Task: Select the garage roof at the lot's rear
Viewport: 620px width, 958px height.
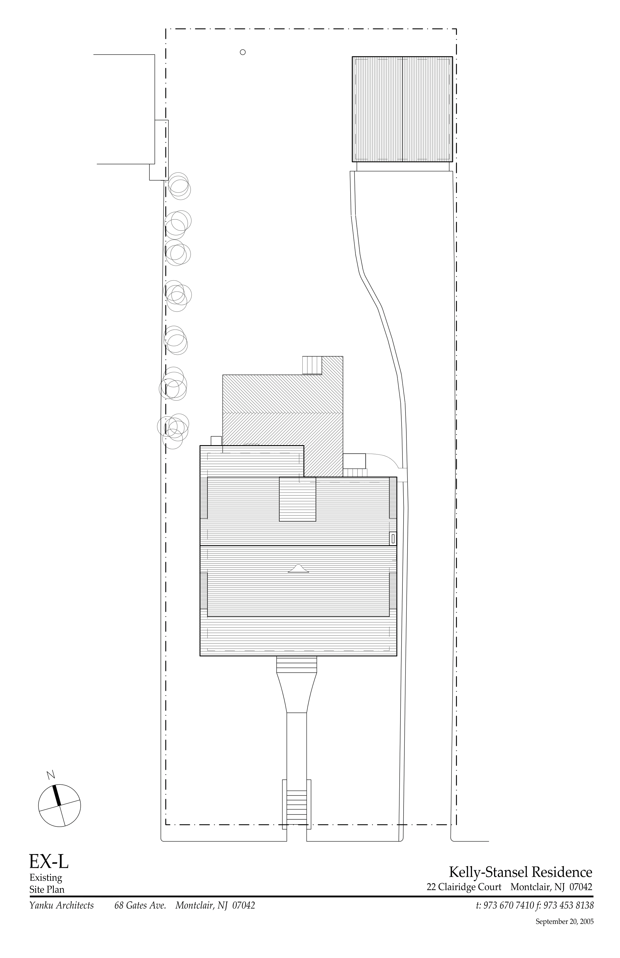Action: click(x=402, y=109)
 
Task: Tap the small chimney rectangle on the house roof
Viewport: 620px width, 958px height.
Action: click(x=393, y=538)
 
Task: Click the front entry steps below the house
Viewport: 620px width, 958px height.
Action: click(x=297, y=665)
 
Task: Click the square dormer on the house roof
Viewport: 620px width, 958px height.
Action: click(x=298, y=499)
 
